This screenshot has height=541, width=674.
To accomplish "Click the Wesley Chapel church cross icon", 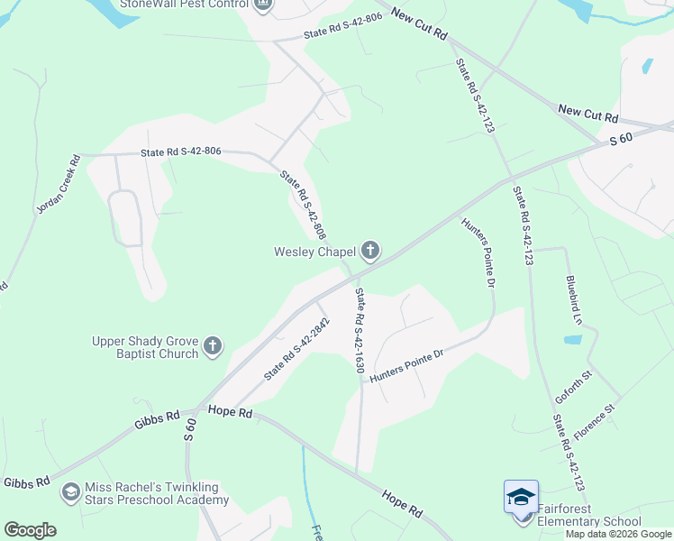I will tap(369, 250).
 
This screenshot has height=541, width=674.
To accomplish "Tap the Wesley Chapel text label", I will tap(315, 252).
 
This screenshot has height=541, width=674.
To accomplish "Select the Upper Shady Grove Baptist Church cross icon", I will tap(213, 346).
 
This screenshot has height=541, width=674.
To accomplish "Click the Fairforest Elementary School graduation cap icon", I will tap(521, 498).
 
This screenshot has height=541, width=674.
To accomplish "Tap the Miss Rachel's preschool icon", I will tap(69, 492).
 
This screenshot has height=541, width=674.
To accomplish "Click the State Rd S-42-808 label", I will tap(302, 206).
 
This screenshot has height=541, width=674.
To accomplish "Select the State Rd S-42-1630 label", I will tap(359, 330).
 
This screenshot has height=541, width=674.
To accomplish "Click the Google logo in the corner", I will tap(30, 529).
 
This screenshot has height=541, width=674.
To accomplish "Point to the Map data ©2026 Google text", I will tap(618, 534).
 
